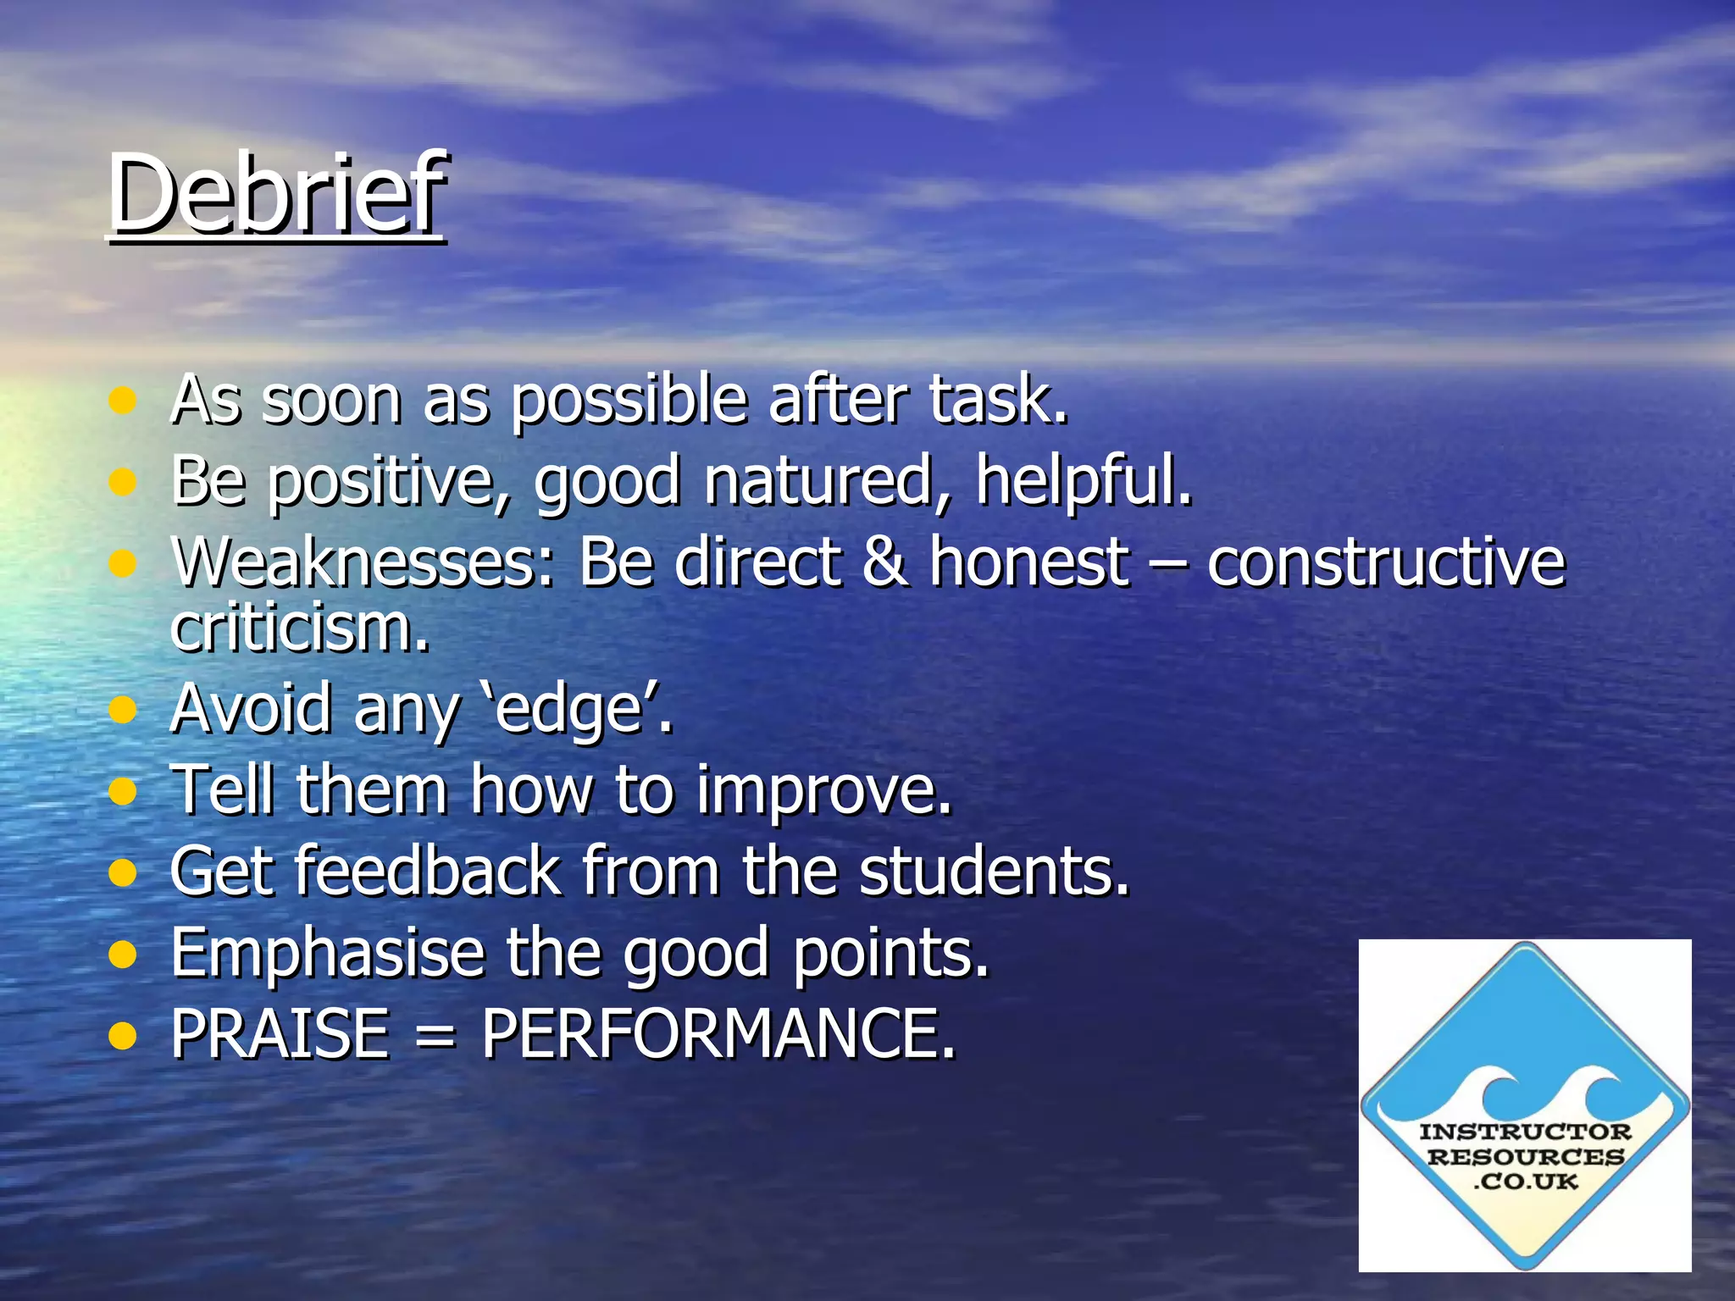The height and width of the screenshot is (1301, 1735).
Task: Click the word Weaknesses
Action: tap(363, 562)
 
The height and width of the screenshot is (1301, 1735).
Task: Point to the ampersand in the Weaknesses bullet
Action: tap(884, 562)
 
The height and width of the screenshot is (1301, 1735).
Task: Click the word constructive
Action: tap(1386, 562)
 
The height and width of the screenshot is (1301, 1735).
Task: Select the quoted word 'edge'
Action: tap(570, 710)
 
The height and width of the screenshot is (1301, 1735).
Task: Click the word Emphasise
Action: tap(328, 953)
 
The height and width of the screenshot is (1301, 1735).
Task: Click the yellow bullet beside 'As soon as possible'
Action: tap(124, 401)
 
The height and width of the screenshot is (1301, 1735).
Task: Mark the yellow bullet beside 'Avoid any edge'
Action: tap(124, 710)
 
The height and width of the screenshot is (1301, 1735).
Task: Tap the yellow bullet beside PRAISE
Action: tap(124, 1035)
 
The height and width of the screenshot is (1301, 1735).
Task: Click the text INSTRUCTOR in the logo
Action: tap(1525, 1132)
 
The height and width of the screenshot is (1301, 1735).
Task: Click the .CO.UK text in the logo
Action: tap(1525, 1182)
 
